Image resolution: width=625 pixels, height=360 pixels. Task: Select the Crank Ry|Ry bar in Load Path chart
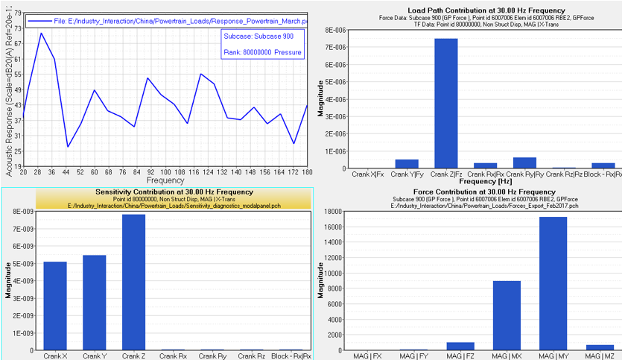click(524, 162)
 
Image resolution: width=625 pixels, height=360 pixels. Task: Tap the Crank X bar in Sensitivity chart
click(55, 306)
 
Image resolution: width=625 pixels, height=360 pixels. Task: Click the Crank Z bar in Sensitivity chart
click(133, 282)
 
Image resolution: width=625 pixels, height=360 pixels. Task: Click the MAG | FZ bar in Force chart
click(460, 346)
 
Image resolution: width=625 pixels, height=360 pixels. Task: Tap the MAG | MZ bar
click(598, 347)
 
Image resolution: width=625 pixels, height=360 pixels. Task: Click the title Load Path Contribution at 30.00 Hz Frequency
click(469, 10)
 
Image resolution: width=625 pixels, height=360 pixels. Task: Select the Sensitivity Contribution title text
click(156, 192)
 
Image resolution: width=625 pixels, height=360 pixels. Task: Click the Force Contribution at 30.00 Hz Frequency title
click(469, 192)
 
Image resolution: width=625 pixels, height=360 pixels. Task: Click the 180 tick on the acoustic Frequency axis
click(307, 171)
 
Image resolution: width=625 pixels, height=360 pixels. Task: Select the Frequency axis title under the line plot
click(165, 180)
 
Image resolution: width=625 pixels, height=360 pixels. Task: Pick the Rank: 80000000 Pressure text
click(262, 52)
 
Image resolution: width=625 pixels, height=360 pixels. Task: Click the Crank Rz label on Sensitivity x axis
click(250, 356)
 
